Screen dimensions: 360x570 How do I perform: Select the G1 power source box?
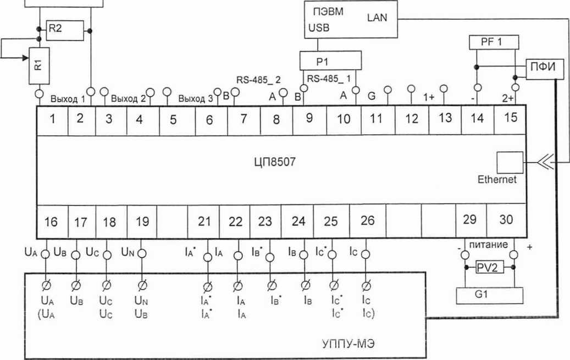click(x=489, y=295)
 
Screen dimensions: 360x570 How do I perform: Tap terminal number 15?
click(x=511, y=117)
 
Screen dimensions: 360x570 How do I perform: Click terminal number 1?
click(x=52, y=119)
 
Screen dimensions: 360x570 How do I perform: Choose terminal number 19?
click(x=142, y=221)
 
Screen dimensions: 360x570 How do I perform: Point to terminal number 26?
click(x=367, y=220)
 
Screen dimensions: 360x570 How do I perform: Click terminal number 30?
click(x=506, y=219)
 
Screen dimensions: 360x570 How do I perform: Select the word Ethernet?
click(x=497, y=180)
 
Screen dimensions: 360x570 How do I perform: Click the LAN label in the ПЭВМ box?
click(x=377, y=18)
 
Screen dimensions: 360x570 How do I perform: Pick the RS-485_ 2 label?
click(x=258, y=79)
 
